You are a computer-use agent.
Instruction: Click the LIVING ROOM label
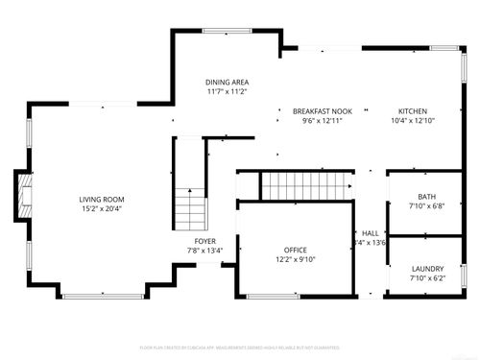pyautogui.click(x=102, y=200)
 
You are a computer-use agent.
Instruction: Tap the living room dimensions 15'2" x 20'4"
pyautogui.click(x=102, y=208)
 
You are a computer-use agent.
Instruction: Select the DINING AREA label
pyautogui.click(x=227, y=82)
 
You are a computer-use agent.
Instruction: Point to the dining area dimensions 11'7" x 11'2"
pyautogui.click(x=227, y=91)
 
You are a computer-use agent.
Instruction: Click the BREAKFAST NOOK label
pyautogui.click(x=322, y=111)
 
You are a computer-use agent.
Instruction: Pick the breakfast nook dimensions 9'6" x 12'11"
pyautogui.click(x=322, y=121)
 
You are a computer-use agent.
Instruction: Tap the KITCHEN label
pyautogui.click(x=413, y=111)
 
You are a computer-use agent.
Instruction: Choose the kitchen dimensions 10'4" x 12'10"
pyautogui.click(x=413, y=121)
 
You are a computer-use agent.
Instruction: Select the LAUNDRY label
pyautogui.click(x=426, y=269)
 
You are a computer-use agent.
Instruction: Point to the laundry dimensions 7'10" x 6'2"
pyautogui.click(x=426, y=278)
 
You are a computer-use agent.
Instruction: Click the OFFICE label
pyautogui.click(x=295, y=250)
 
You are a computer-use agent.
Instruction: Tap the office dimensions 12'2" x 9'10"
pyautogui.click(x=295, y=259)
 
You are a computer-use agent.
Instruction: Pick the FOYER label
pyautogui.click(x=205, y=241)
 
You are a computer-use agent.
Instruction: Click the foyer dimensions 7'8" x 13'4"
pyautogui.click(x=205, y=251)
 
